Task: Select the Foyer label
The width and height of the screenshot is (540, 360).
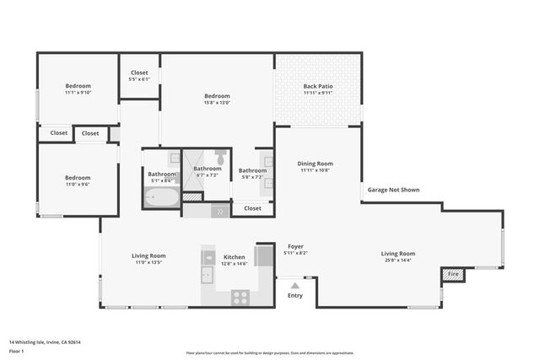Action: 295,246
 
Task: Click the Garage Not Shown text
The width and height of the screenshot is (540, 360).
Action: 392,190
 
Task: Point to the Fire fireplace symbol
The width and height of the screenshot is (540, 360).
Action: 452,274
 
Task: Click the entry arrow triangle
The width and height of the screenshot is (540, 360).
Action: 294,287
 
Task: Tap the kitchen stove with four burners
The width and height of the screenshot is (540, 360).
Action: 240,297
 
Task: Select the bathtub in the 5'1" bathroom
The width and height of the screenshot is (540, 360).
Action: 160,199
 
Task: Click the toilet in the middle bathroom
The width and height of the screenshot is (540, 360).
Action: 219,157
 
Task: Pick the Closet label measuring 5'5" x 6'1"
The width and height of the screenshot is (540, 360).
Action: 139,73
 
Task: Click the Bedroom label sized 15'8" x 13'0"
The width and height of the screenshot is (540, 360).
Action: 217,96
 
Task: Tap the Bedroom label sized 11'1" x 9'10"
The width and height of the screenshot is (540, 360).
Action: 78,86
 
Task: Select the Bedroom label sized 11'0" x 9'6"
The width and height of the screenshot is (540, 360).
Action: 78,177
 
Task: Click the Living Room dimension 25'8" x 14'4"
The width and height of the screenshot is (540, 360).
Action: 398,261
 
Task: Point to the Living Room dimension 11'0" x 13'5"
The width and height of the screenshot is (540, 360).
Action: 148,263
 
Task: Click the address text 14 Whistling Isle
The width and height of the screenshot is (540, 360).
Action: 50,342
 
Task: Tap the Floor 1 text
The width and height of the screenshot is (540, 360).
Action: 17,351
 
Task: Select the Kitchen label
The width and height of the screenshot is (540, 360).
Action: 234,256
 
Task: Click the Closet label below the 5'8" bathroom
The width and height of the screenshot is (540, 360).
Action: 252,207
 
